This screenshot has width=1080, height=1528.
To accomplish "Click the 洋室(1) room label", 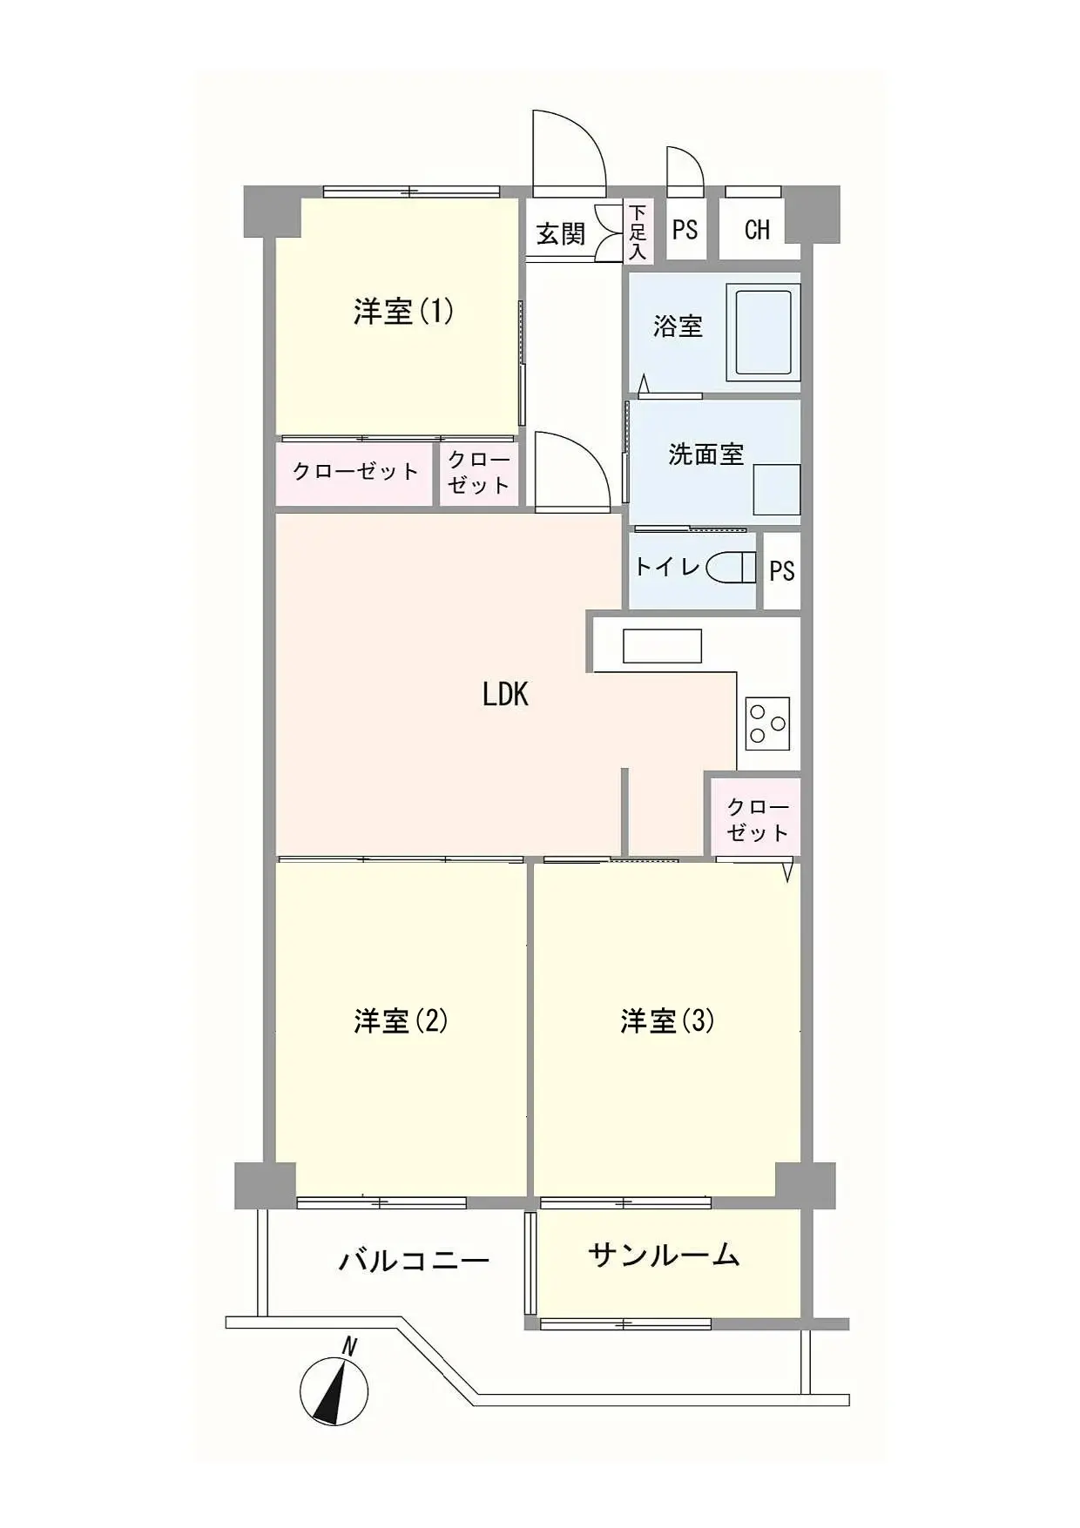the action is [x=403, y=312].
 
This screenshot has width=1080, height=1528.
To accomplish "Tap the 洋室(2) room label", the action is [x=402, y=1020].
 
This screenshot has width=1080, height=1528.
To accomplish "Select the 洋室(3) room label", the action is [x=667, y=1020].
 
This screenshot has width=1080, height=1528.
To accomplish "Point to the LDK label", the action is [x=505, y=694].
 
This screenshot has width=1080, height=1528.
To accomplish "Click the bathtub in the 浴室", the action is [x=764, y=331].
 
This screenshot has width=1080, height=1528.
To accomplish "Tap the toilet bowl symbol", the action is [x=732, y=568].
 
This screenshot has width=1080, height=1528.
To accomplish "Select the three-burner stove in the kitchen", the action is [x=767, y=724].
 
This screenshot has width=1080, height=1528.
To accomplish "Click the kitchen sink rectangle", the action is [x=662, y=646].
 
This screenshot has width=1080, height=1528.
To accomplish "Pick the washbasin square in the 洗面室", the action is [x=776, y=488].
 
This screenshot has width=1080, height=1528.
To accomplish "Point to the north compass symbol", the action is [x=334, y=1387].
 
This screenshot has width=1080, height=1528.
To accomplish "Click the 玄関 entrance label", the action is [x=560, y=233].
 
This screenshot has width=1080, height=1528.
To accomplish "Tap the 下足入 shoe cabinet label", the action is [x=638, y=232].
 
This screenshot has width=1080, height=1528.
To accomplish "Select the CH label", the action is [x=757, y=229].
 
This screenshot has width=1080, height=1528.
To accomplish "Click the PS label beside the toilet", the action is [x=781, y=570].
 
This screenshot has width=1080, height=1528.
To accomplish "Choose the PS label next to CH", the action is [x=685, y=229].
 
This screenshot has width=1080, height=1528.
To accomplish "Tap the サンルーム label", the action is [x=664, y=1255].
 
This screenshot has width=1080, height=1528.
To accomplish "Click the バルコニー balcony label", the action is [x=414, y=1260].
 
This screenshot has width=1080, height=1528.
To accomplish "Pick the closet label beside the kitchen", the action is [x=758, y=819].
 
